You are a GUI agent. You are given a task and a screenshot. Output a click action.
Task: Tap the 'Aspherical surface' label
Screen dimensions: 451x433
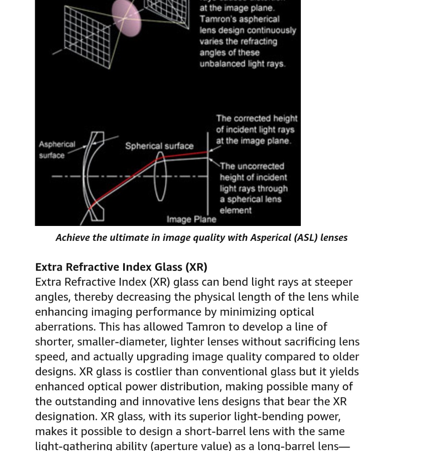pyautogui.click(x=56, y=150)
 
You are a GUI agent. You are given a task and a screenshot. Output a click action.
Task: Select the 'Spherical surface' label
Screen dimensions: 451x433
pyautogui.click(x=159, y=146)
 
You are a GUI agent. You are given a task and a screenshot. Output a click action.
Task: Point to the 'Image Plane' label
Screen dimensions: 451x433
pyautogui.click(x=191, y=220)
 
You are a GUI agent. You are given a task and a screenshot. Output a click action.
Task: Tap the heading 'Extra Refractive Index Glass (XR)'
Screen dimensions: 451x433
pyautogui.click(x=121, y=267)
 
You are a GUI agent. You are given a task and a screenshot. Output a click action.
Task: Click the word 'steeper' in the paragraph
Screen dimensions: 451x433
pyautogui.click(x=333, y=282)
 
